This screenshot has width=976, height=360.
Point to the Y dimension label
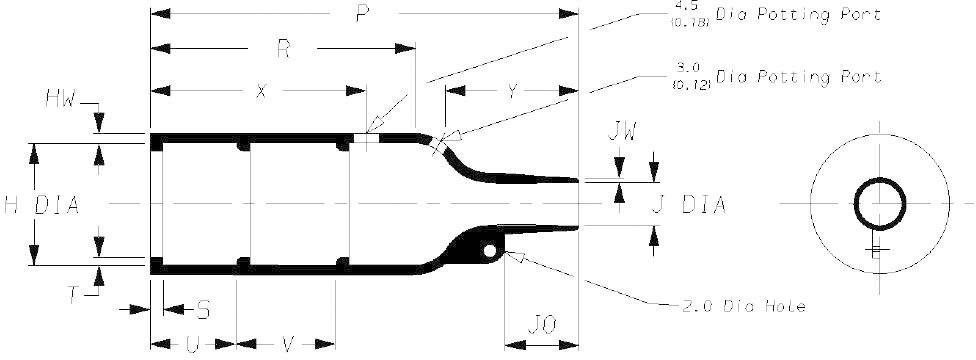(511, 91)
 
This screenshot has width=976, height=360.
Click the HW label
(61, 99)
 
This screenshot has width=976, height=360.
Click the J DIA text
(688, 205)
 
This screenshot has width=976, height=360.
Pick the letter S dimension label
(204, 308)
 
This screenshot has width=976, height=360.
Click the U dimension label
(192, 345)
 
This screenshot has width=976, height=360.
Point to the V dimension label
(287, 345)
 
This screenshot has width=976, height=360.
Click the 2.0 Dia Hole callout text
(736, 305)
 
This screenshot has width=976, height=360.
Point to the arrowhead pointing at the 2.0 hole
(517, 257)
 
